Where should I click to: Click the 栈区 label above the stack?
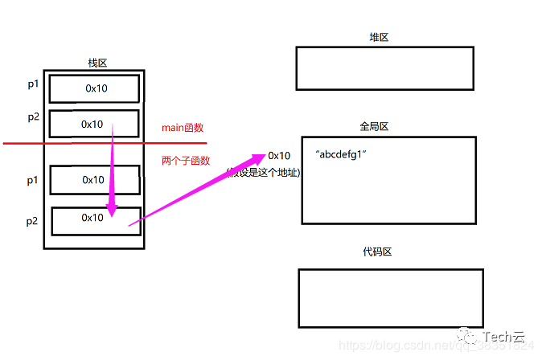click(96, 63)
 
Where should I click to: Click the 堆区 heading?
click(379, 38)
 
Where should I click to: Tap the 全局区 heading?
click(375, 127)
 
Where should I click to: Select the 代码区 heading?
click(377, 252)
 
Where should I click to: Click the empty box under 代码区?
click(390, 298)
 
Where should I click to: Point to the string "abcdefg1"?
click(341, 153)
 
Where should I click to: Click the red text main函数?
click(183, 128)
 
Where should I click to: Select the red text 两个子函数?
click(186, 161)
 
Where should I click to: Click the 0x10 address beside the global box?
click(280, 155)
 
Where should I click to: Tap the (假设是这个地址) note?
click(264, 171)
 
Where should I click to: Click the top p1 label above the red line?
click(32, 84)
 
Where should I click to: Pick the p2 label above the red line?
click(33, 117)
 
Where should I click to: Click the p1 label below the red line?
click(32, 181)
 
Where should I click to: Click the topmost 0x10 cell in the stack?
click(96, 88)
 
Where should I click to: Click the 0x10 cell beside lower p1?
click(93, 180)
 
